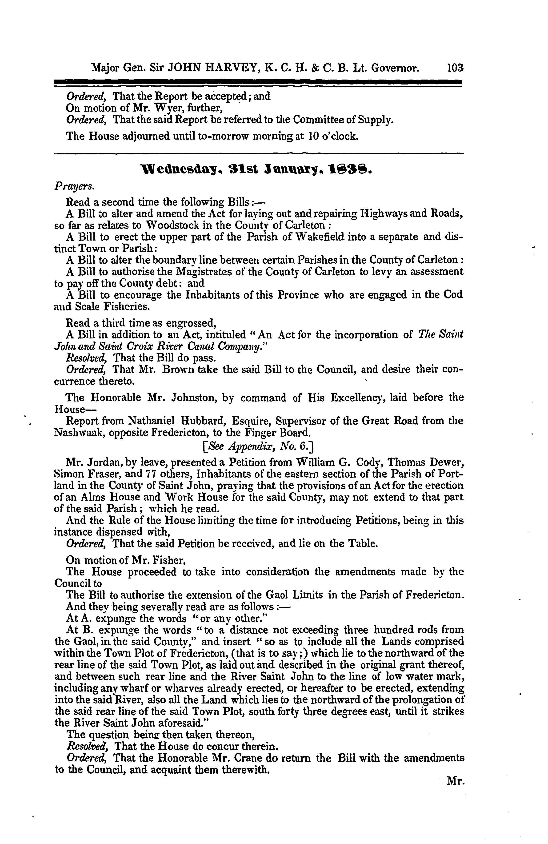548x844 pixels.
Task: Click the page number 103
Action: tap(455, 68)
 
